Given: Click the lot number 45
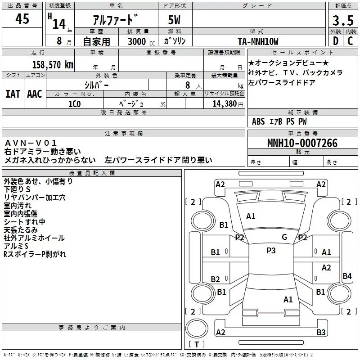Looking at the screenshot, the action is pos(22,19).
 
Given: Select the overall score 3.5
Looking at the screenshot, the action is pos(342,21).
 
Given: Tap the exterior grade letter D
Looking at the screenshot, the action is pos(335,40).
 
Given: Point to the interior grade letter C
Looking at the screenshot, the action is pos(350,40).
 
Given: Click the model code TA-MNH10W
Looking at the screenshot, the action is pos(258,41).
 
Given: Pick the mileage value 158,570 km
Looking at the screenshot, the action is pos(53,64).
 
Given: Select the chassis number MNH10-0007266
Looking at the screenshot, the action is pos(302,144).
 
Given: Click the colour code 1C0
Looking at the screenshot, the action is pos(75,103).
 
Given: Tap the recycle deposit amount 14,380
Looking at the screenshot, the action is pos(224,103).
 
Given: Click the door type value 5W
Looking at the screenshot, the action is pos(175,21).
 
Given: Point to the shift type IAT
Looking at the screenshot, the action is pos(13,94).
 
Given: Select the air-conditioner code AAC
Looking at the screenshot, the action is pos(35,94).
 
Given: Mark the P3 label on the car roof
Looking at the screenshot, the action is pos(271,251).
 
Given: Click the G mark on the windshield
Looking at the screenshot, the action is pos(284,237).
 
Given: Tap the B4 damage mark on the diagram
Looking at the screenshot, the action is pos(347,276).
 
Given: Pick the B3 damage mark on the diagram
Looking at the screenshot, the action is pos(321,333).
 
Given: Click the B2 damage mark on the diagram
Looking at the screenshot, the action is pos(216,279).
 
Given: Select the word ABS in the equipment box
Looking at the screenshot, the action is pos(258,121).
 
